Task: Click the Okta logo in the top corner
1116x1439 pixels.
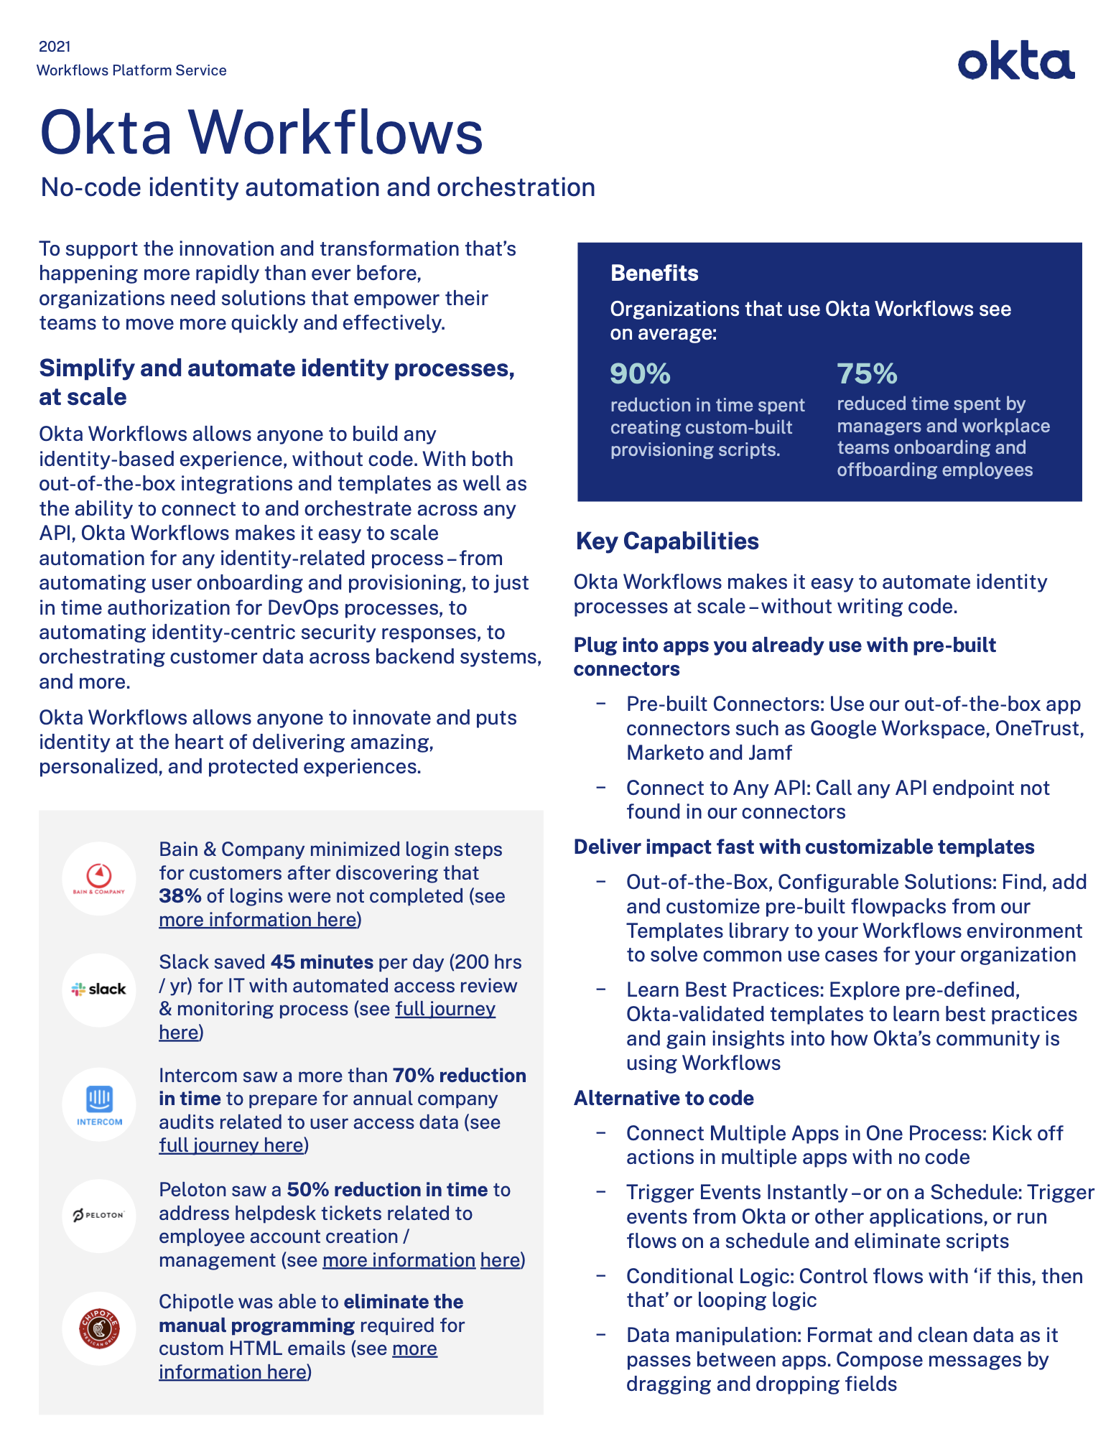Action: point(1015,61)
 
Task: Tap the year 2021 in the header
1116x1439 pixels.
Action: point(55,47)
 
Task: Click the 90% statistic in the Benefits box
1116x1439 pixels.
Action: point(640,373)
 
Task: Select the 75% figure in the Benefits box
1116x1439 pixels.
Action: point(867,373)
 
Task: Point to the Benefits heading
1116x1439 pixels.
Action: point(654,273)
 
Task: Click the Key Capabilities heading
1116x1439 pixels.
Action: point(667,541)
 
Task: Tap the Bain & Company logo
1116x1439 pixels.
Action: point(99,877)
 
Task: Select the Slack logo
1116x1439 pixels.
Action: point(99,989)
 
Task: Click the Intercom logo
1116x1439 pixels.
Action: point(99,1104)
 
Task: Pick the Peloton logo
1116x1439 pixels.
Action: point(99,1215)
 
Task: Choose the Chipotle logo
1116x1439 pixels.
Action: point(99,1328)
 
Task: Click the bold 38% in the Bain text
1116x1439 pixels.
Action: point(180,896)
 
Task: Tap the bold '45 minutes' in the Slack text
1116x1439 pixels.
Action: point(322,961)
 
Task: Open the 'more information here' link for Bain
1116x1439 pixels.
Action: point(258,920)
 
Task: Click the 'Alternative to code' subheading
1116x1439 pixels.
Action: point(664,1098)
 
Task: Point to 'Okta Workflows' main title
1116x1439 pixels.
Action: point(261,133)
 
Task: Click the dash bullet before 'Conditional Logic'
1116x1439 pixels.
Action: point(601,1276)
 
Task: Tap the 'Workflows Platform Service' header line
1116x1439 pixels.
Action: point(131,70)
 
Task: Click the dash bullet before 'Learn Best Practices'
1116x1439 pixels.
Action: point(601,989)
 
